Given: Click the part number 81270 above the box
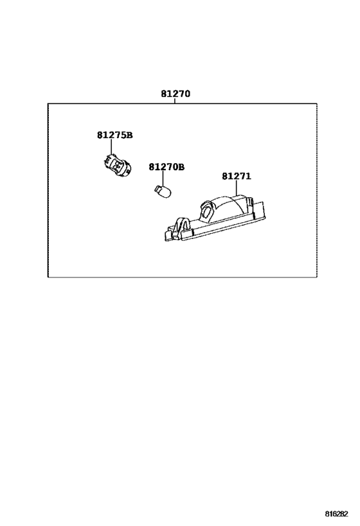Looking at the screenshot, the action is coord(175,94).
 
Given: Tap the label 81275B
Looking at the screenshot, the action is coord(115,135).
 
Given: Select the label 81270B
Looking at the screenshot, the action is coord(166,167).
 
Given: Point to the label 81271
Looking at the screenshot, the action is coord(237,176).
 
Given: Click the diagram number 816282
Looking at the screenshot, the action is coord(336,514).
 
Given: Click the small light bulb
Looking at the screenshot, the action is coord(163,191).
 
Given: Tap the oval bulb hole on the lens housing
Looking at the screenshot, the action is coord(206,212).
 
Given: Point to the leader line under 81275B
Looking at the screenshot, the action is coord(111,147).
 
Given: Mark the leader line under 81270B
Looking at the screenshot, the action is coord(163,178).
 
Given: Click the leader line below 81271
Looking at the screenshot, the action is coord(237,188).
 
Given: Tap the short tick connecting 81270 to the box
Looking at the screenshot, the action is coord(175,101).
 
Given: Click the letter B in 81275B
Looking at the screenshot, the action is coord(130,135).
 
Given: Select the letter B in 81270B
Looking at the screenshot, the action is coord(181,167).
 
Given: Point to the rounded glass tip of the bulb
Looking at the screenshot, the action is coord(168,193).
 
